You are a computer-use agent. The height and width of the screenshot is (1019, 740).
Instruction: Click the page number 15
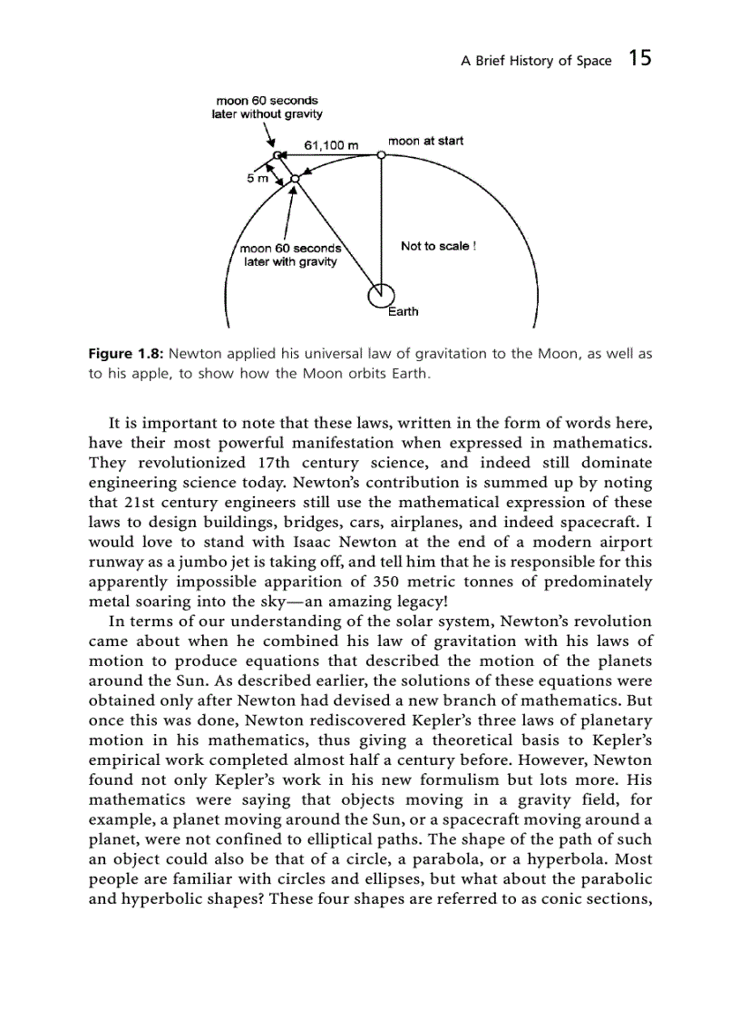639,59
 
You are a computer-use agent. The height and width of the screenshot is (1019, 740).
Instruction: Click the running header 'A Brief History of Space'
536,61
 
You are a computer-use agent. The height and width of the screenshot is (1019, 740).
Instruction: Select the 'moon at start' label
425,141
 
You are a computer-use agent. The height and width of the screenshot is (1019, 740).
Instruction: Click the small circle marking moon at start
382,155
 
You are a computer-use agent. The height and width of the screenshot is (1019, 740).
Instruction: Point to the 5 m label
258,178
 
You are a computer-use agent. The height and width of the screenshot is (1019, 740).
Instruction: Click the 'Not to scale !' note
438,246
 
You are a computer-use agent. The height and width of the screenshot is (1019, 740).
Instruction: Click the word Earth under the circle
404,311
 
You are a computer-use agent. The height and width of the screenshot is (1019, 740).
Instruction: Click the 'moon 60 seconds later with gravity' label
290,255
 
